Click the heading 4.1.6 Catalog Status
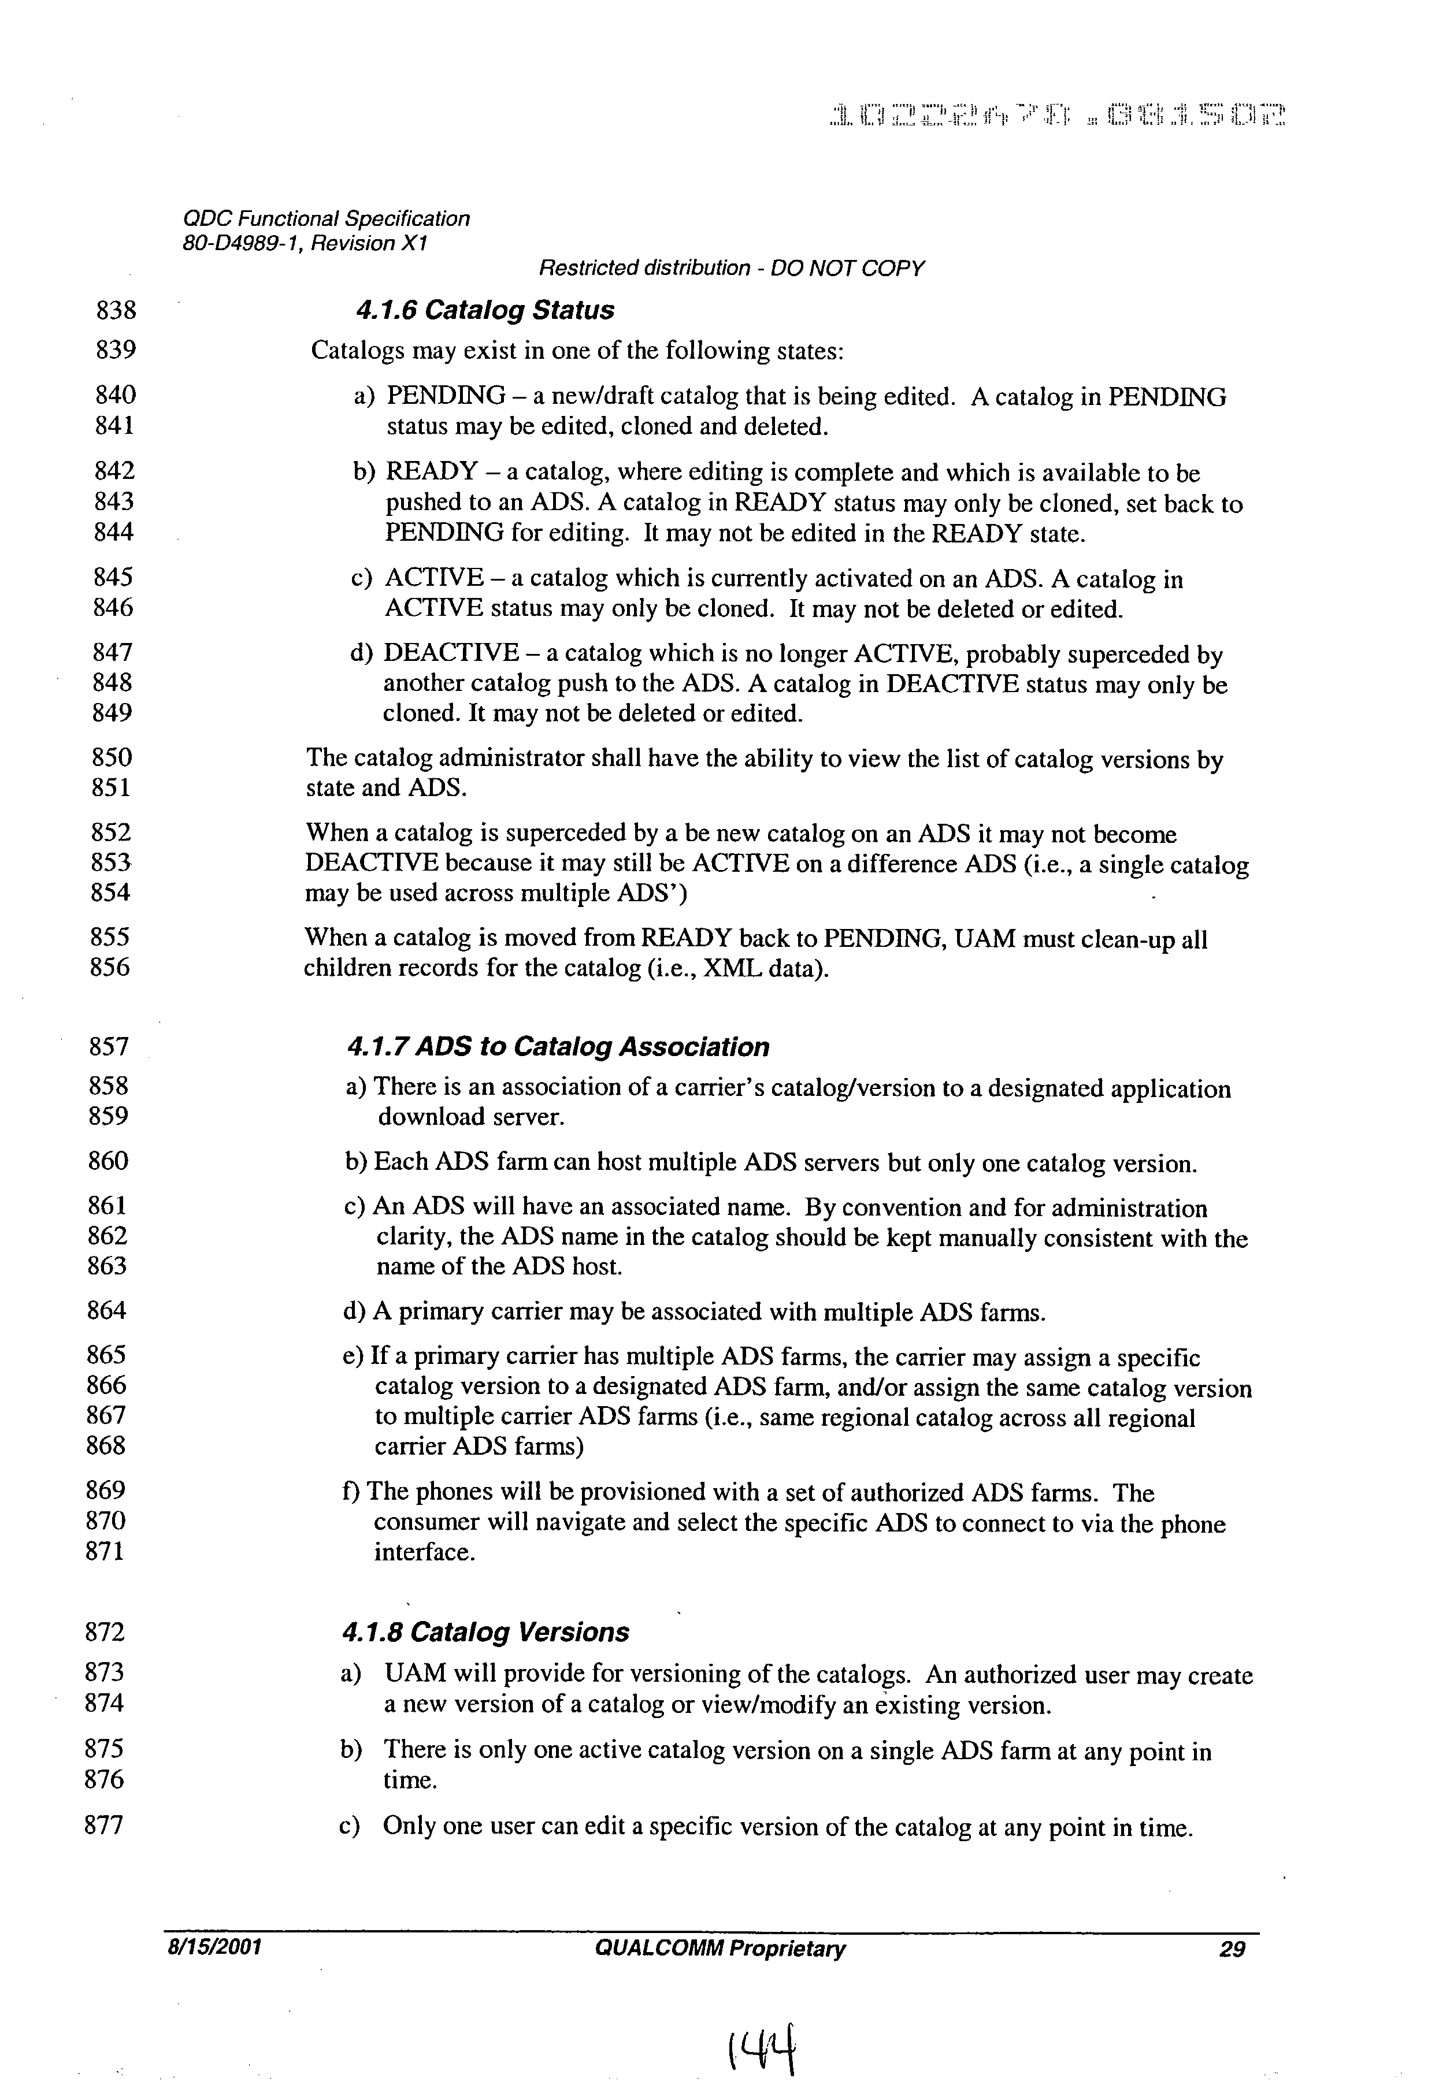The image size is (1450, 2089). point(485,311)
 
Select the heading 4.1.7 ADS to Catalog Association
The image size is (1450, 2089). point(558,1047)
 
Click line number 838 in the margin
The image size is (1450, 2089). point(116,311)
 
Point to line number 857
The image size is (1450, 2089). point(109,1047)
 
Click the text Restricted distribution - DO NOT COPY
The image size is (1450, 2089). point(732,269)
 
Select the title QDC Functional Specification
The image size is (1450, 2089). point(326,219)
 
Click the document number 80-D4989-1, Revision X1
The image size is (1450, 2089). point(305,243)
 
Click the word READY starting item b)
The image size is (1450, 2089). point(432,473)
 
